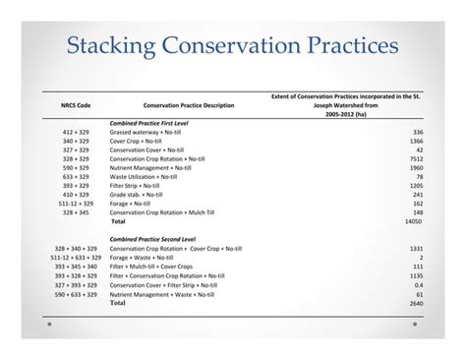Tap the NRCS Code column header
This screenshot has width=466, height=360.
[76, 106]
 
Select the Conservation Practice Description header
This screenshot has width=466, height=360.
[189, 106]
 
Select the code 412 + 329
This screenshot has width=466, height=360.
[76, 132]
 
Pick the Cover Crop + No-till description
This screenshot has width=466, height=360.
[142, 141]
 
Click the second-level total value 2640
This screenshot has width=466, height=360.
[414, 303]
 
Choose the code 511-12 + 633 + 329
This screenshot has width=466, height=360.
[75, 258]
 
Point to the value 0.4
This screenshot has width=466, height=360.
[418, 285]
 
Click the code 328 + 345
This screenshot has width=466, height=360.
[76, 212]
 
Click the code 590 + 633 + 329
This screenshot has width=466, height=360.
[76, 294]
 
